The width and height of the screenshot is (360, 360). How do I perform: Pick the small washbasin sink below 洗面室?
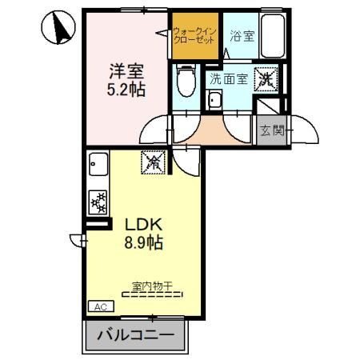coord(213,102)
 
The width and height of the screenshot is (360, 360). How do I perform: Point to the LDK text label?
coord(142,225)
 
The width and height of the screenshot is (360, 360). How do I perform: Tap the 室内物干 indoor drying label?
coord(152,284)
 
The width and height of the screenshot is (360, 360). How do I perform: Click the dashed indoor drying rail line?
coord(152,294)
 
